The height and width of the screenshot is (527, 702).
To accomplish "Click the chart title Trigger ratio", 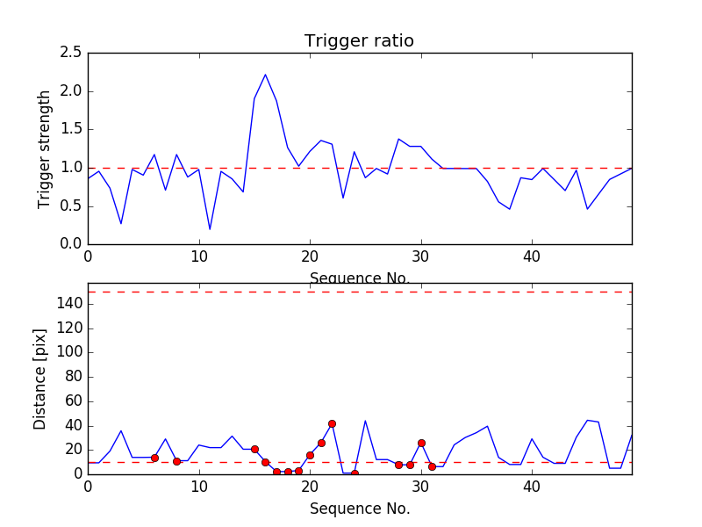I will pyautogui.click(x=359, y=41).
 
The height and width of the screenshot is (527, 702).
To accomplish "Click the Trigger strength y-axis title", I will pyautogui.click(x=45, y=148).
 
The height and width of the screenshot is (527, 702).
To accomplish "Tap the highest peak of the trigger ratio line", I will pyautogui.click(x=265, y=75).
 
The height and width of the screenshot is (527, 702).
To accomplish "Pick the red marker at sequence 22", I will pyautogui.click(x=332, y=423).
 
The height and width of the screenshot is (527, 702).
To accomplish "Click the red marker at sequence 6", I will pyautogui.click(x=154, y=458).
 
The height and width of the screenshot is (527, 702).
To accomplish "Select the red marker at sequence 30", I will pyautogui.click(x=421, y=443).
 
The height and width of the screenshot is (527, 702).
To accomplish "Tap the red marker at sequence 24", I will pyautogui.click(x=355, y=473).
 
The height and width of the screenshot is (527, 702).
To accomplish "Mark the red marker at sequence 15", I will pyautogui.click(x=254, y=449).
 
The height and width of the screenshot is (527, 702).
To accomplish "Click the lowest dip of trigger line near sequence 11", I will pyautogui.click(x=210, y=229).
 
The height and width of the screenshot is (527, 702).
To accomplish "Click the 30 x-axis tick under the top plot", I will pyautogui.click(x=421, y=256).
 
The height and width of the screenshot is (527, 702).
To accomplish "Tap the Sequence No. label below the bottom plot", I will pyautogui.click(x=360, y=509).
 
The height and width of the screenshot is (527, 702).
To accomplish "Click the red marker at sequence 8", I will pyautogui.click(x=176, y=461).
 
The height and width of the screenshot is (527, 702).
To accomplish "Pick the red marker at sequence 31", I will pyautogui.click(x=432, y=466).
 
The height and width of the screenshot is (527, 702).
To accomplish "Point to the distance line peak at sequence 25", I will pyautogui.click(x=365, y=421).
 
